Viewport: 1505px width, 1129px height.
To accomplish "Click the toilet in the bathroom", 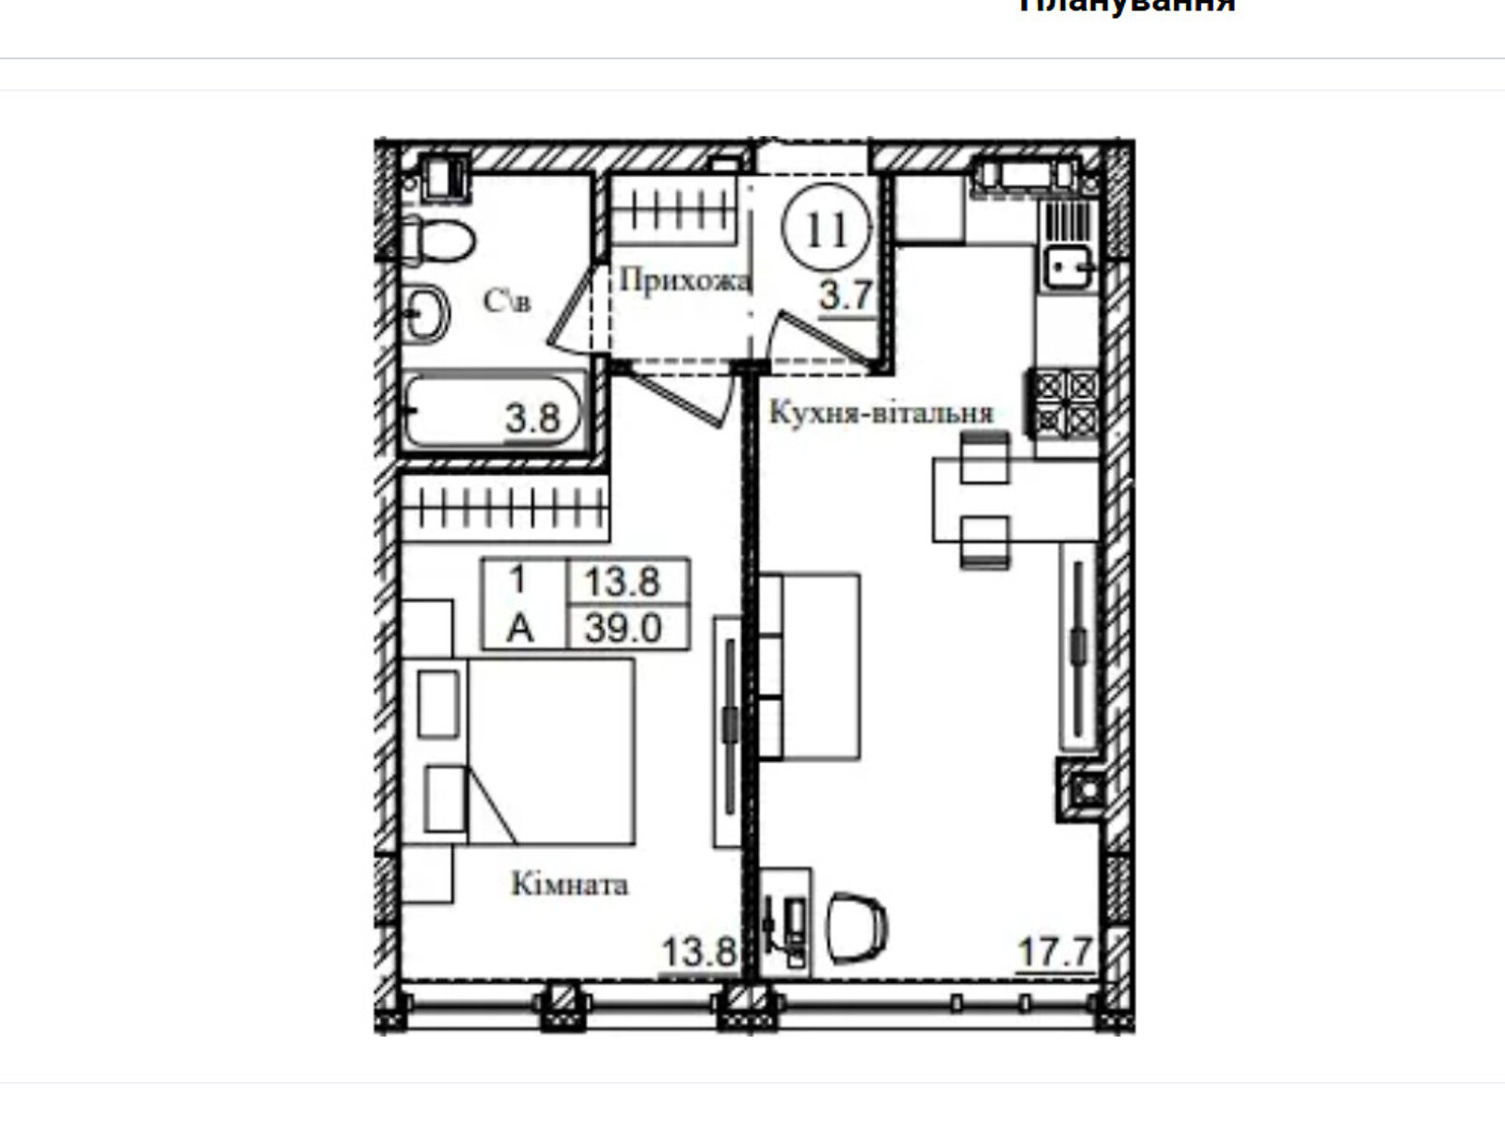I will [438, 240].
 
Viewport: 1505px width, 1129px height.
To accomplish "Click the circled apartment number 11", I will [828, 229].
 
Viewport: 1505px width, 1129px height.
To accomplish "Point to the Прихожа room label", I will [685, 280].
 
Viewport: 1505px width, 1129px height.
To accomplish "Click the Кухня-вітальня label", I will [881, 413].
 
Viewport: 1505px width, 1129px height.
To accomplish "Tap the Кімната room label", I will [570, 884].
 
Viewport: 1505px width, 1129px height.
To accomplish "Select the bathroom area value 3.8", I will [533, 418].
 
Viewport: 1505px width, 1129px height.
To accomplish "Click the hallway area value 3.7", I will [846, 296].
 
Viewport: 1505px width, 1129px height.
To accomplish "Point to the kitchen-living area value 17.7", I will [1055, 951].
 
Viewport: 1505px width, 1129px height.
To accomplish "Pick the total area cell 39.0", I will [624, 628].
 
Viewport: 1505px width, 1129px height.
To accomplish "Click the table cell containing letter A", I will [520, 628].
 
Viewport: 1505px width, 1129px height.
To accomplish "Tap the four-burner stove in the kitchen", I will [1067, 403].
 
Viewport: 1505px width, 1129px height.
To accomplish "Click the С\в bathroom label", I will [506, 301].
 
